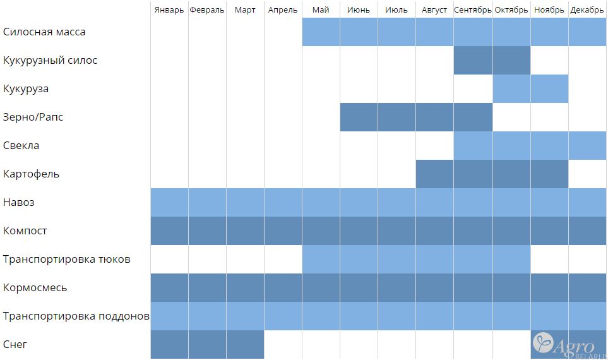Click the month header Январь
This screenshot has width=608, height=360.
click(x=169, y=10)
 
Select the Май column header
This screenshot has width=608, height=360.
click(x=321, y=10)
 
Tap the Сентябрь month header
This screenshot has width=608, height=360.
click(x=472, y=10)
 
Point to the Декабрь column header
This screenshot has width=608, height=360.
click(x=587, y=10)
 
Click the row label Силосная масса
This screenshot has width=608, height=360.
click(x=44, y=32)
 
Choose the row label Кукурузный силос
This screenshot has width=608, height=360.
click(x=50, y=61)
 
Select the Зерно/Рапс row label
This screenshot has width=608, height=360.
click(x=33, y=117)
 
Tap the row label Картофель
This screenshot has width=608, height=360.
click(x=31, y=174)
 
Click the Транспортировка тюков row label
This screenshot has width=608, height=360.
click(x=66, y=260)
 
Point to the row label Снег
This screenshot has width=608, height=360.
click(x=15, y=345)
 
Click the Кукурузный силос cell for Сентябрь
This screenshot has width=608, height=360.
click(x=473, y=61)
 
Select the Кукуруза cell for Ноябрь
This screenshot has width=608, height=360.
click(x=549, y=89)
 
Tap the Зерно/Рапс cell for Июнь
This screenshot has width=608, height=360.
click(x=359, y=117)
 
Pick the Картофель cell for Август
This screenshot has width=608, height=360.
click(x=435, y=174)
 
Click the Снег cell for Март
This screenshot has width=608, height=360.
click(x=245, y=345)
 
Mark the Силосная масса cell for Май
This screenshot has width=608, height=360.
click(x=321, y=32)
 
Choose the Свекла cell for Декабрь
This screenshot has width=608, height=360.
click(x=587, y=146)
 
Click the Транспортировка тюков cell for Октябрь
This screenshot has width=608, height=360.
click(x=511, y=260)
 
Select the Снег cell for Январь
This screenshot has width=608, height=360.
click(x=169, y=345)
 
